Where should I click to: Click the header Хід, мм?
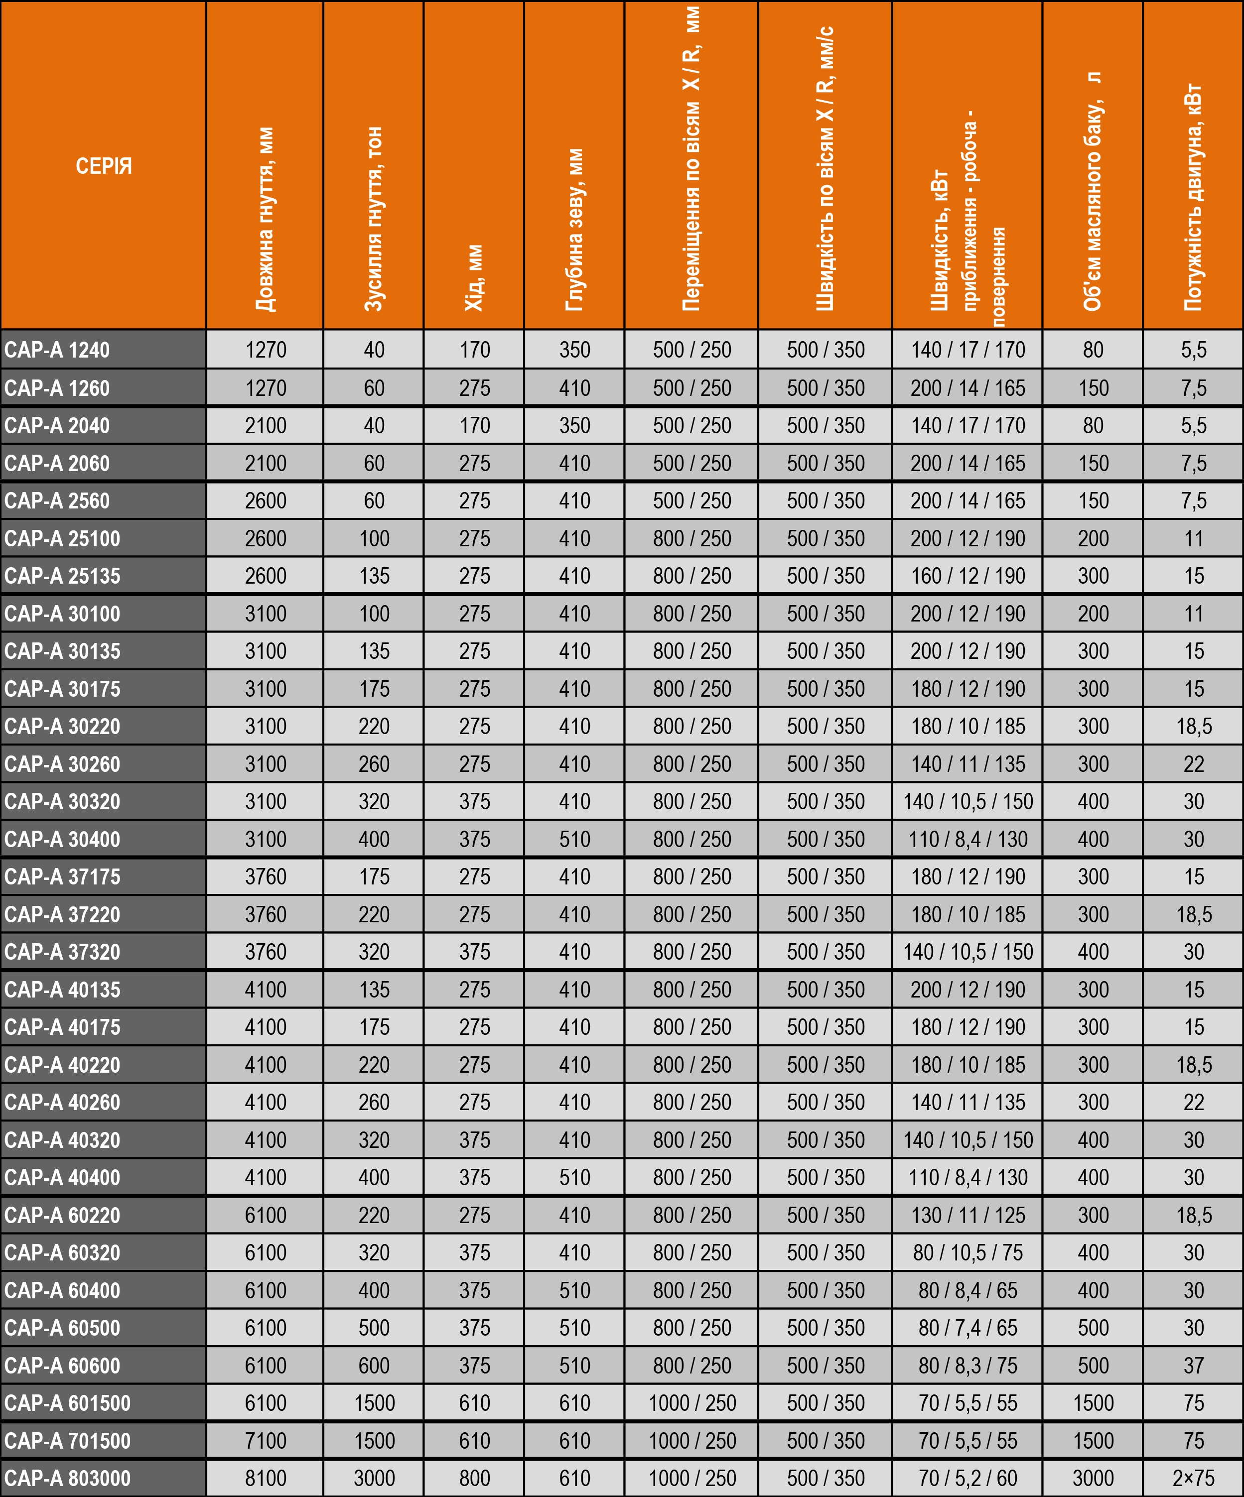tap(474, 278)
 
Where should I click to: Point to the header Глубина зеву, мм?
tap(574, 230)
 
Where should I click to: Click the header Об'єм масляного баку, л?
tap(1093, 191)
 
